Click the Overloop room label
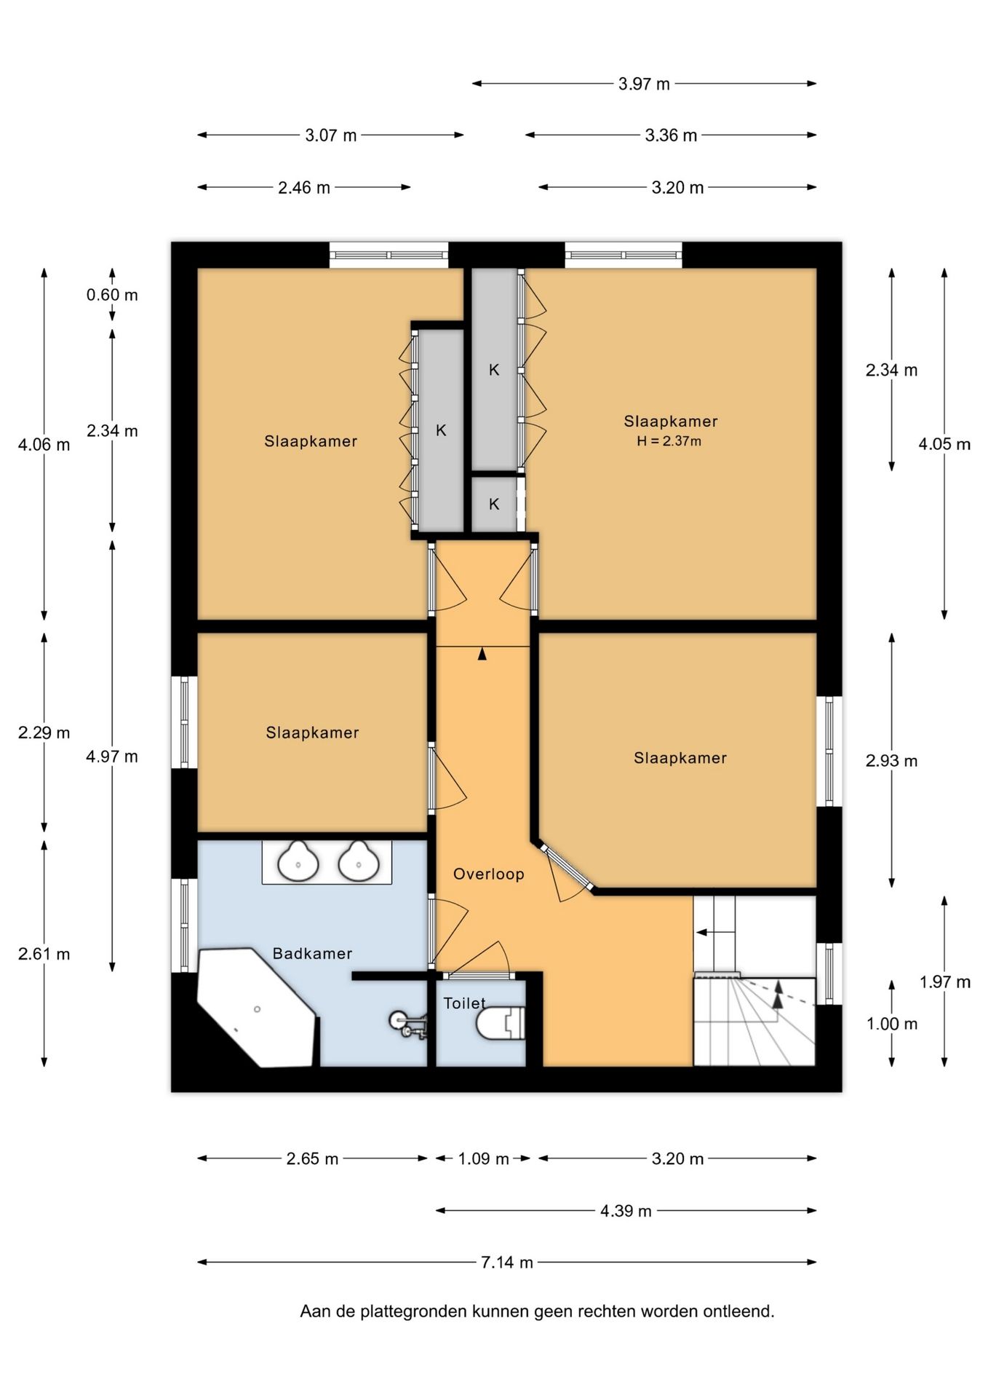pyautogui.click(x=488, y=874)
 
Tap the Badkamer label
pyautogui.click(x=312, y=953)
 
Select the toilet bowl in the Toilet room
pyautogui.click(x=501, y=1023)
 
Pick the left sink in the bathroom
pyautogui.click(x=298, y=861)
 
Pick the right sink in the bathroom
pyautogui.click(x=359, y=861)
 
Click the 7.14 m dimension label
pyautogui.click(x=507, y=1262)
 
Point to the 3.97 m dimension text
pyautogui.click(x=644, y=84)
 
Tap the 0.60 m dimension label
pyautogui.click(x=112, y=295)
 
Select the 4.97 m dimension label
pyautogui.click(x=112, y=757)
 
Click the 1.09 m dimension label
pyautogui.click(x=483, y=1158)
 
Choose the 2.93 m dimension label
pyautogui.click(x=891, y=761)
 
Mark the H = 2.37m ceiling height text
pyautogui.click(x=669, y=441)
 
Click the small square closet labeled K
pyautogui.click(x=494, y=504)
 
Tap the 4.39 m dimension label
pyautogui.click(x=626, y=1211)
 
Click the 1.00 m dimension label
pyautogui.click(x=892, y=1024)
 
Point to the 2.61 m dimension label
pyautogui.click(x=44, y=954)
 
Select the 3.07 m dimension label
pyautogui.click(x=331, y=135)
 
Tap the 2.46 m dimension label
pyautogui.click(x=304, y=188)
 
